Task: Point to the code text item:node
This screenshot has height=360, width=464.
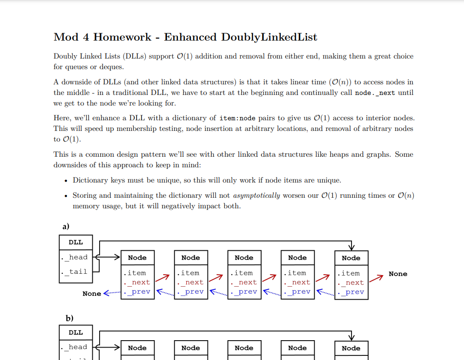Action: tap(237, 118)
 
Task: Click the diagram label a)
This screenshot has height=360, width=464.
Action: tap(66, 226)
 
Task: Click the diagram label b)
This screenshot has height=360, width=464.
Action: tap(70, 318)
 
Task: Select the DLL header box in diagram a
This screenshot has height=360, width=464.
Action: tap(76, 242)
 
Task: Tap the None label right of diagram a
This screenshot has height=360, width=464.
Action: tap(398, 274)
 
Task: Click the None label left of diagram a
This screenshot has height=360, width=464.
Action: tap(91, 294)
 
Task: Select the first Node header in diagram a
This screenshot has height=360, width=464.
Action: tap(137, 258)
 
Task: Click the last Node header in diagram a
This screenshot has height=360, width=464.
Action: tap(351, 258)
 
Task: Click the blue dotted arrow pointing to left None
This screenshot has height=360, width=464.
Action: tap(112, 293)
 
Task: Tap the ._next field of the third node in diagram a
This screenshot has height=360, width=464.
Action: tap(245, 282)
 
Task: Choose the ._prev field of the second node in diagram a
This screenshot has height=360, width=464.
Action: tap(191, 291)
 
